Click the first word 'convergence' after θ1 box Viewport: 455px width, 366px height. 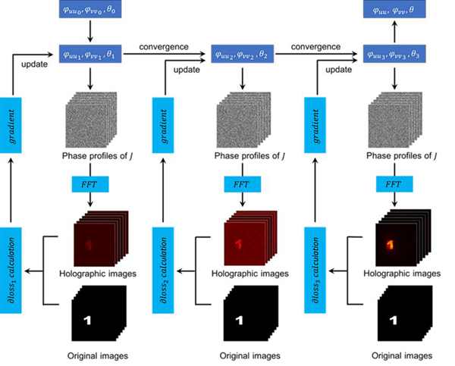click(x=164, y=46)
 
